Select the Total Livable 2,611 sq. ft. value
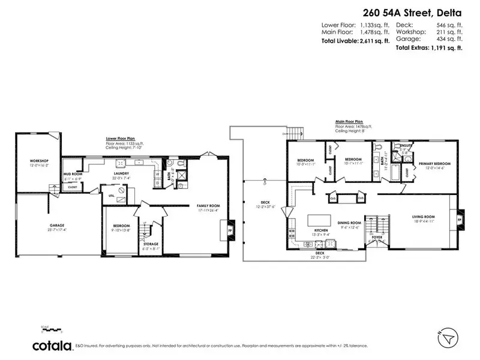(x=375, y=41)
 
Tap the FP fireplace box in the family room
(x=229, y=229)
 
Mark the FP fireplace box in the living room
(x=460, y=220)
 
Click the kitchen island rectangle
(x=320, y=220)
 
